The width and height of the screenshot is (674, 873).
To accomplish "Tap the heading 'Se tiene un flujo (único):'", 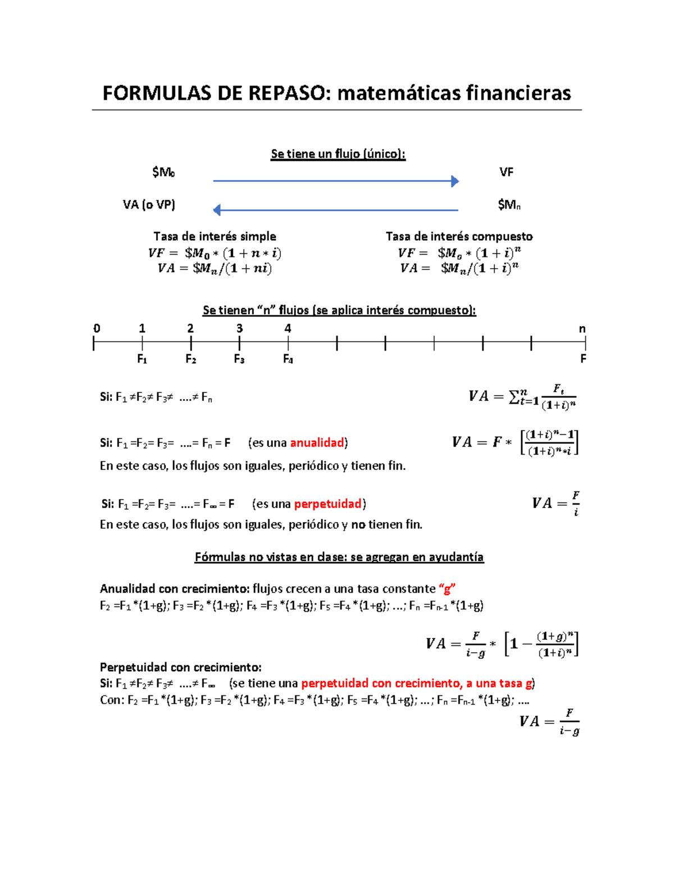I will tap(338, 153).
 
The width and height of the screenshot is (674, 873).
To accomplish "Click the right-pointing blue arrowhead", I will tap(455, 181).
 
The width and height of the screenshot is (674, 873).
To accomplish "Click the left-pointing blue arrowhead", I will tap(217, 210).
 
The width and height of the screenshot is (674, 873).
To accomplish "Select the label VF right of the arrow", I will tap(506, 172).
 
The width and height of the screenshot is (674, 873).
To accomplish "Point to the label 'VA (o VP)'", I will tap(149, 205).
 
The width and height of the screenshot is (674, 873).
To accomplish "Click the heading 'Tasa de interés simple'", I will tap(215, 236).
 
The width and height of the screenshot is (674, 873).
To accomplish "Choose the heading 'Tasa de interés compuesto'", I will tap(459, 236).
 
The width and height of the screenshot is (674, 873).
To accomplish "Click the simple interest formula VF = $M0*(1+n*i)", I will tap(215, 253).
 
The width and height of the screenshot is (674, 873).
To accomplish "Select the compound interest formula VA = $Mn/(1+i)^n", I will tap(459, 268).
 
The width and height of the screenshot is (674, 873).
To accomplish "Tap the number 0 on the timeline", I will tap(97, 328).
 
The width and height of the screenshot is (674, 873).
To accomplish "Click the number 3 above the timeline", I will tap(239, 328).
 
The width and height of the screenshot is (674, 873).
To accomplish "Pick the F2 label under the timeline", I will tap(191, 359).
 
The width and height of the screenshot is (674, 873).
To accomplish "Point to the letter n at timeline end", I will tap(582, 329).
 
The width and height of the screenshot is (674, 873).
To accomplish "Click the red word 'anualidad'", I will tap(317, 443).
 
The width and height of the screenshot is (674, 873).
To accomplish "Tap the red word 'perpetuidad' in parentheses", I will tap(327, 504).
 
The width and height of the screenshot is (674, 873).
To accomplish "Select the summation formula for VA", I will tap(522, 397).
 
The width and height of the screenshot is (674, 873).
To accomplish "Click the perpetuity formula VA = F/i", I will tap(555, 503).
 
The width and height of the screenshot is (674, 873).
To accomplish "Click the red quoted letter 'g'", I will tap(447, 589).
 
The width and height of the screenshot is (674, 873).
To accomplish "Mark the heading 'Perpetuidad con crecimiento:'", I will tap(180, 667).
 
